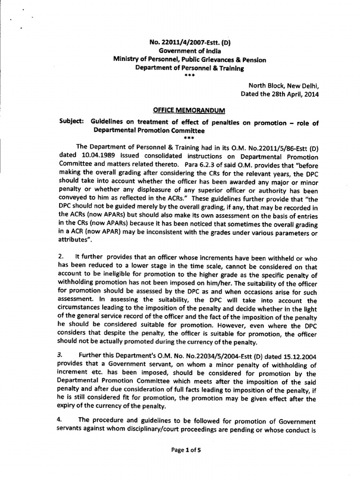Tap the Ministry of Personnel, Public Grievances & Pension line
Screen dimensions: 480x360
point(189,60)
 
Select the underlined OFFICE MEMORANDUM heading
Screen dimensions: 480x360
point(189,110)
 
